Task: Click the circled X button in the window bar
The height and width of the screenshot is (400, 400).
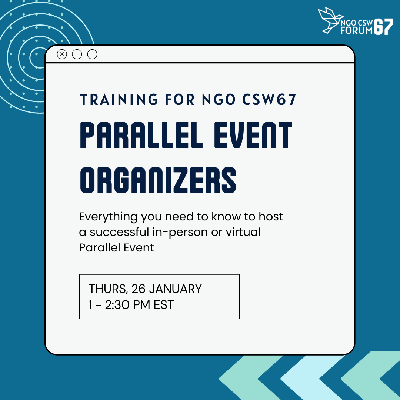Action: click(x=62, y=54)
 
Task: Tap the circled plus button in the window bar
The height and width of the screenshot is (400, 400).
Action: click(x=77, y=54)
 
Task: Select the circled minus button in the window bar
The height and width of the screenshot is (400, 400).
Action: click(x=92, y=54)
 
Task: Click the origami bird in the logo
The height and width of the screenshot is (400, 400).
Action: click(x=330, y=20)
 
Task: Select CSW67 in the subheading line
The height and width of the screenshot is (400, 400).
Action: click(x=269, y=100)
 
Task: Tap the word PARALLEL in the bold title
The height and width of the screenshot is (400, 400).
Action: click(x=141, y=135)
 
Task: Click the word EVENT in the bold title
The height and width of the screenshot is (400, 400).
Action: click(x=253, y=135)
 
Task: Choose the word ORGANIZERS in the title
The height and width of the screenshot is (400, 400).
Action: click(x=158, y=180)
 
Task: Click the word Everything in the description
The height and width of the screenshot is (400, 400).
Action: click(x=109, y=217)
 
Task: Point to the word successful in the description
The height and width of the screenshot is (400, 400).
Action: click(x=119, y=232)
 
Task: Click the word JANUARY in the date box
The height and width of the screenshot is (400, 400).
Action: click(x=175, y=289)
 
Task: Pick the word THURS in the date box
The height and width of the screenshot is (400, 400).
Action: click(x=107, y=289)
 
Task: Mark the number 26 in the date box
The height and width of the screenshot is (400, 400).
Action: click(x=138, y=289)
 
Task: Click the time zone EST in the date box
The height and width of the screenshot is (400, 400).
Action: click(x=164, y=304)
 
